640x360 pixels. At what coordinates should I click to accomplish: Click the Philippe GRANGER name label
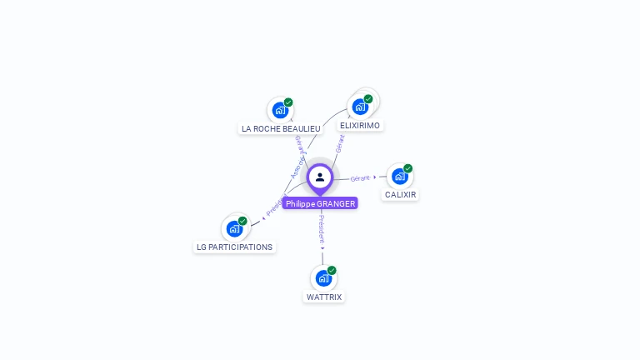point(320,203)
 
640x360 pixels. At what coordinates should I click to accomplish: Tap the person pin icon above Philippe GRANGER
point(320,177)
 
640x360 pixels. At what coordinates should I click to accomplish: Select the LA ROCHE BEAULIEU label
point(281,128)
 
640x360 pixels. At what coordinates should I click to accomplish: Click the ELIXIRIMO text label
point(360,125)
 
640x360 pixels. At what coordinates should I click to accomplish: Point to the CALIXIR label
point(400,194)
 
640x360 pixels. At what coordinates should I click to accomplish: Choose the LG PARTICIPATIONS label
point(234,247)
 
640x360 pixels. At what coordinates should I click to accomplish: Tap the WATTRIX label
point(324,297)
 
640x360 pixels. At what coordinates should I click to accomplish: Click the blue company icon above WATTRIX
point(323,277)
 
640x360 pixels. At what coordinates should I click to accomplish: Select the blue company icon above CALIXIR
point(400,176)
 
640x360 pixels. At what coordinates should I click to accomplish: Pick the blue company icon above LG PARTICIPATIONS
point(234,228)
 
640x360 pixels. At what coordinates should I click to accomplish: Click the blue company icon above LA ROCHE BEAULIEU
point(280,109)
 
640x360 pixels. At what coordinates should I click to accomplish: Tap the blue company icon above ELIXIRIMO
point(360,106)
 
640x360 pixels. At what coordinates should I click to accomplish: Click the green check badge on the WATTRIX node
point(332,270)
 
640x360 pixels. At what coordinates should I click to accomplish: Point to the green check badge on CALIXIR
point(408,168)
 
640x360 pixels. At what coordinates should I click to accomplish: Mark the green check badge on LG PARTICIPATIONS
point(242,221)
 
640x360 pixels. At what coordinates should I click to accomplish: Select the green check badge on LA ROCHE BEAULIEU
point(288,102)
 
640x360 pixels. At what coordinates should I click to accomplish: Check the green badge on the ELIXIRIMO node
point(368,99)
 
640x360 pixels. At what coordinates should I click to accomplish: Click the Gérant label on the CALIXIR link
point(360,178)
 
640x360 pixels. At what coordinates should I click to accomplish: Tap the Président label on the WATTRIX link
point(322,227)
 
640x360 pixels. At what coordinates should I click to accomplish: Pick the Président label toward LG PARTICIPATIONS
point(276,205)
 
